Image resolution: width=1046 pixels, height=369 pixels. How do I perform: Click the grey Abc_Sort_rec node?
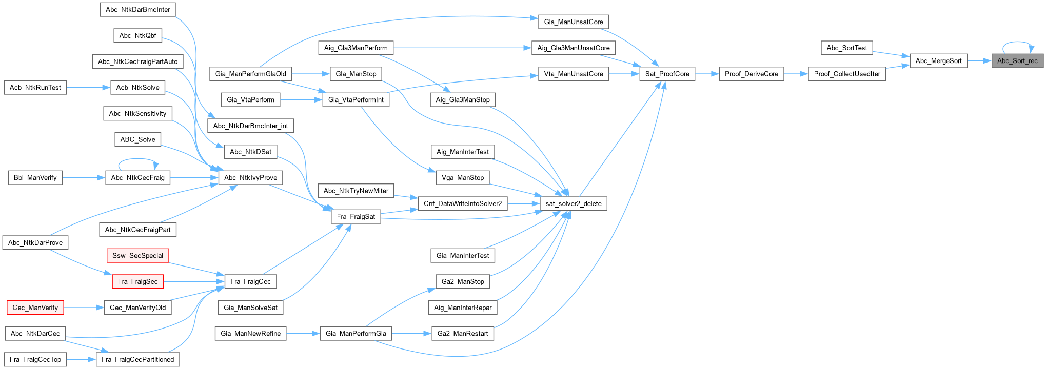(1017, 61)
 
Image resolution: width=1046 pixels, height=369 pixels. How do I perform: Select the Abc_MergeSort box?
(938, 61)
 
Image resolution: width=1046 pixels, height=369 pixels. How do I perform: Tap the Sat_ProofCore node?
(667, 74)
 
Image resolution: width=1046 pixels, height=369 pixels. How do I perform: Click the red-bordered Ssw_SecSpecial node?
(137, 256)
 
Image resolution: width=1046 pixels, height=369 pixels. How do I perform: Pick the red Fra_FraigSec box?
(137, 281)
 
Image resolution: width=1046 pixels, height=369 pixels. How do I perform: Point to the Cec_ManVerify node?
(35, 307)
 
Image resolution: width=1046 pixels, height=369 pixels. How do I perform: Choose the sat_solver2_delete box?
(573, 203)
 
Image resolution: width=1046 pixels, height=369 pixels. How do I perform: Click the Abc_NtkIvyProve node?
(250, 178)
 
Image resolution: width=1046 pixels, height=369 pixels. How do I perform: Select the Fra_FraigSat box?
(356, 217)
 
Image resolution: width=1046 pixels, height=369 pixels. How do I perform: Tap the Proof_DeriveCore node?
(751, 74)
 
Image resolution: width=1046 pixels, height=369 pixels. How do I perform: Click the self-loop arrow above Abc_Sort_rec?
(1017, 43)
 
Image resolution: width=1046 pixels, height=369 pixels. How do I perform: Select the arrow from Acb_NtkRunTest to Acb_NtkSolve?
(88, 87)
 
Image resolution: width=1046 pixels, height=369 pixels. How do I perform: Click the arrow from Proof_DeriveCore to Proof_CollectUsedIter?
(796, 74)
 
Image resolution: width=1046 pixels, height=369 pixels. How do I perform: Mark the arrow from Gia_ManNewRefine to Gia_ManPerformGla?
(303, 334)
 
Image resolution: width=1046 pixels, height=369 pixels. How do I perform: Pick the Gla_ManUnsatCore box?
(573, 22)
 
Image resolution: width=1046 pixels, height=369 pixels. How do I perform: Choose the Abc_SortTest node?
(846, 48)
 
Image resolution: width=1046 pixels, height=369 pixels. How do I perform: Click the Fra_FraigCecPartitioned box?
(137, 359)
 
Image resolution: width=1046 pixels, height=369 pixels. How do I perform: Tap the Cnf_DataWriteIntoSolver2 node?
(462, 203)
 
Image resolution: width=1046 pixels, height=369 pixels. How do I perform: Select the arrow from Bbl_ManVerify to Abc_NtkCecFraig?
(84, 178)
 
